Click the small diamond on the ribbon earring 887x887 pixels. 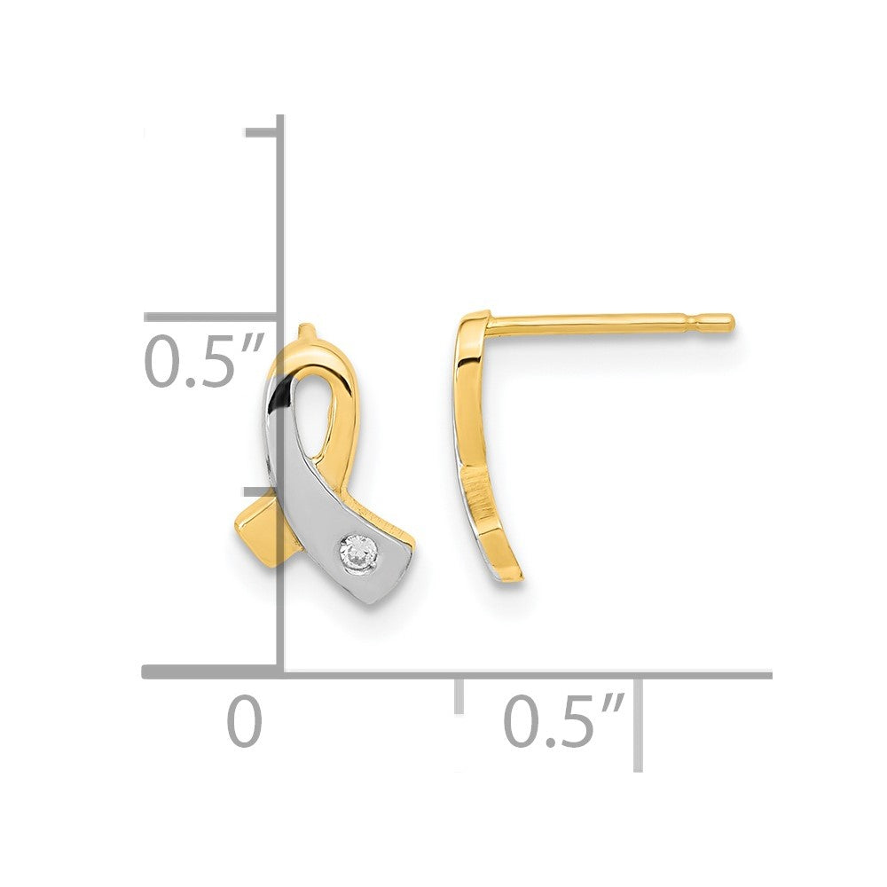[358, 549]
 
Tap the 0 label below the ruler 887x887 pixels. [245, 722]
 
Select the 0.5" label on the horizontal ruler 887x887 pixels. [564, 722]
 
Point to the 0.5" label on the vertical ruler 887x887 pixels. [205, 360]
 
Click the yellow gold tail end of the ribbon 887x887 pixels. [255, 534]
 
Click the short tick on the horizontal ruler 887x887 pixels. [459, 695]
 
